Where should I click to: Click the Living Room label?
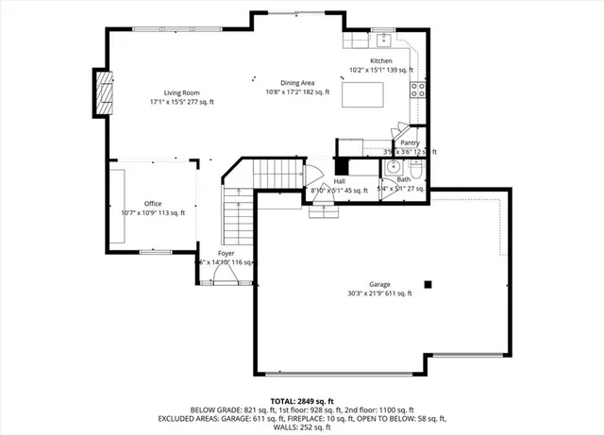pyautogui.click(x=182, y=92)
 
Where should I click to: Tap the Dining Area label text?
pyautogui.click(x=298, y=83)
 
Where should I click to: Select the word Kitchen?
pyautogui.click(x=380, y=61)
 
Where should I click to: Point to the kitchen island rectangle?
pyautogui.click(x=363, y=94)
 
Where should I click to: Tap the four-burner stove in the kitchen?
pyautogui.click(x=417, y=91)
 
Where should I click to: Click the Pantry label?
pyautogui.click(x=410, y=142)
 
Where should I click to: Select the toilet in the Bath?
pyautogui.click(x=418, y=168)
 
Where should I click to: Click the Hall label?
pyautogui.click(x=339, y=181)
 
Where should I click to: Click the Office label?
pyautogui.click(x=152, y=204)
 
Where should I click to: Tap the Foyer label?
pyautogui.click(x=226, y=254)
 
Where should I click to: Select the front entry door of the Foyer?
pyautogui.click(x=224, y=276)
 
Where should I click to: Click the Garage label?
pyautogui.click(x=379, y=284)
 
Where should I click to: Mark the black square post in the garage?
pyautogui.click(x=428, y=283)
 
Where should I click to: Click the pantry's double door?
pyautogui.click(x=403, y=128)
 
